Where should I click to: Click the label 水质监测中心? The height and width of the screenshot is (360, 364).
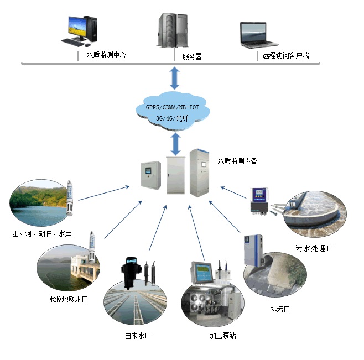pos(107,55)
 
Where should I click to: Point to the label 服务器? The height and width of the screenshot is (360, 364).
pos(192,56)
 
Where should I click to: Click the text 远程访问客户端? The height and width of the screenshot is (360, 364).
pos(285,56)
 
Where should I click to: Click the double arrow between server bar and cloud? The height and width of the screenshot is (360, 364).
pos(175,78)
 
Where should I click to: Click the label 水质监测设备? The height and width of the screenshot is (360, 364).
pos(237,161)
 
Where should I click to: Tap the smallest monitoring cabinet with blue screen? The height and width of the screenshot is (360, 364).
pos(150,175)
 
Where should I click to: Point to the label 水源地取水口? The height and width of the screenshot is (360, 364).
pos(69,299)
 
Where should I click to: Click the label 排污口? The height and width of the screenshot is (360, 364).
pos(279,310)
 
